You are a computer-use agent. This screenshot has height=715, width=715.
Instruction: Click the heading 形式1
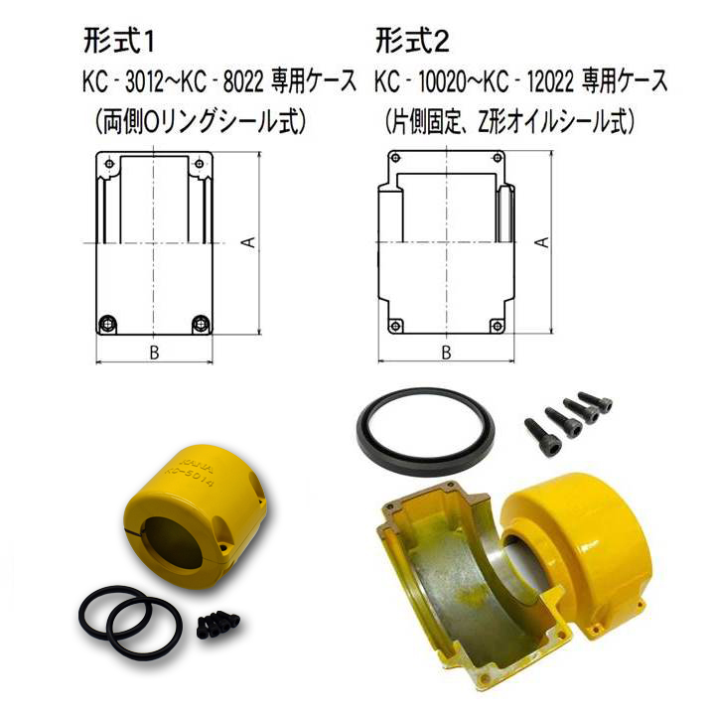pyautogui.click(x=119, y=42)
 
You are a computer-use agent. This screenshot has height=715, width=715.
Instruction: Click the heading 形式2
pyautogui.click(x=412, y=42)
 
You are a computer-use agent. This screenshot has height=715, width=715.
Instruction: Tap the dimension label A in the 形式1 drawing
pyautogui.click(x=250, y=241)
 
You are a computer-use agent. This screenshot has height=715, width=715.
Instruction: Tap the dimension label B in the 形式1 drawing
pyautogui.click(x=154, y=352)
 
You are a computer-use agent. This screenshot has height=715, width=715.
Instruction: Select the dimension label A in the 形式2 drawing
pyautogui.click(x=543, y=241)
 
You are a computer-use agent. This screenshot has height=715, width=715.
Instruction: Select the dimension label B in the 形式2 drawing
pyautogui.click(x=447, y=352)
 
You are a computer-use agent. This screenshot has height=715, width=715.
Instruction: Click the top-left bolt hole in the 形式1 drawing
pyautogui.click(x=108, y=164)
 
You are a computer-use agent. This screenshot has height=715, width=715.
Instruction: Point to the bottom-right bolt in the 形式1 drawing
pyautogui.click(x=200, y=324)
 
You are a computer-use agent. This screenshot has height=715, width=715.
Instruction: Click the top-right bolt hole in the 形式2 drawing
pyautogui.click(x=498, y=158)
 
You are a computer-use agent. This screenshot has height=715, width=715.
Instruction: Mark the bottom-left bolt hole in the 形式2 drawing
pyautogui.click(x=395, y=326)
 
